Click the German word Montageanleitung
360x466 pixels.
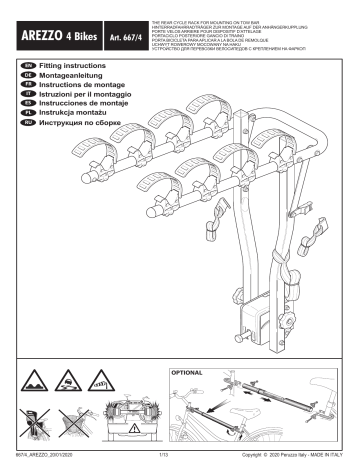tap(77, 75)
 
